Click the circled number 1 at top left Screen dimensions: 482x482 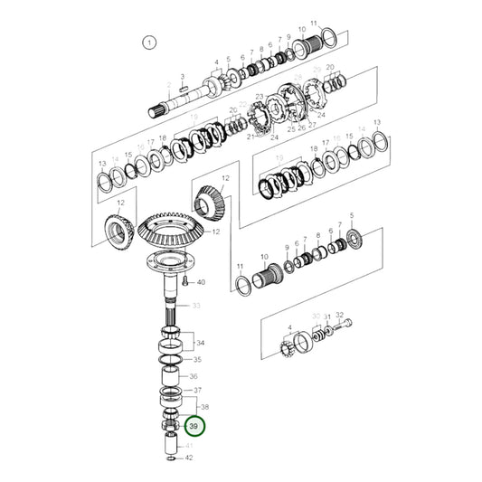pyautogui.click(x=150, y=42)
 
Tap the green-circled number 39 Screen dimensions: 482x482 pyautogui.click(x=193, y=426)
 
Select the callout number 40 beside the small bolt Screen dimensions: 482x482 pyautogui.click(x=201, y=283)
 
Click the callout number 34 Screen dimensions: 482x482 pyautogui.click(x=200, y=343)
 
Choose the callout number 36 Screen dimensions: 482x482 pyautogui.click(x=192, y=377)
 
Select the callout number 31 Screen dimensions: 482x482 pyautogui.click(x=327, y=317)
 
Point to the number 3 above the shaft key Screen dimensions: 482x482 pyautogui.click(x=183, y=77)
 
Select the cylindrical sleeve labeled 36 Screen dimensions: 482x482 pyautogui.click(x=172, y=376)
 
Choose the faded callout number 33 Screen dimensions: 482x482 pyautogui.click(x=195, y=306)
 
